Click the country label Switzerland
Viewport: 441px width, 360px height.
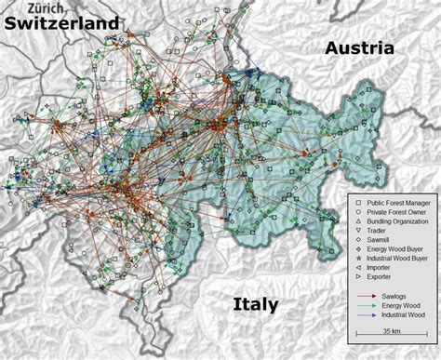click(x=64, y=22)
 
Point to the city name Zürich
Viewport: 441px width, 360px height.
click(x=33, y=7)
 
